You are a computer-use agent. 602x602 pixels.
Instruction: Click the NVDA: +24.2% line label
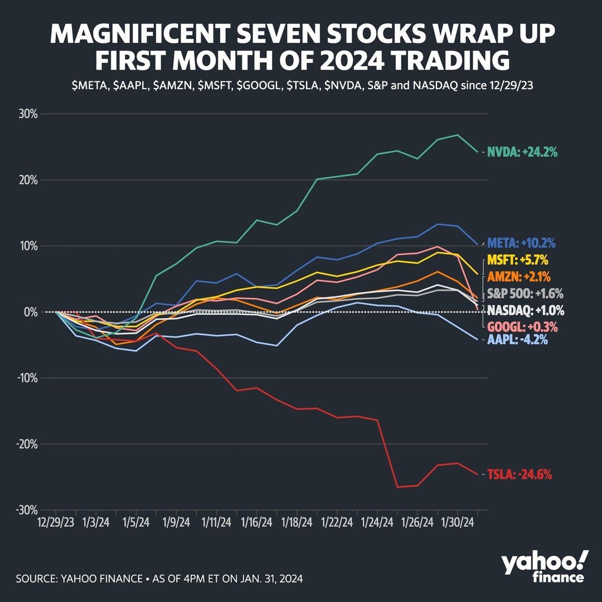tap(522, 152)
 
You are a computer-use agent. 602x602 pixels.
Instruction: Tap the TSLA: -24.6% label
tap(520, 475)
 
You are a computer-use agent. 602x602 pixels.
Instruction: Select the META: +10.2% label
tap(521, 244)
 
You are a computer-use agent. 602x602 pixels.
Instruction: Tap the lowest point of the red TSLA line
tap(399, 487)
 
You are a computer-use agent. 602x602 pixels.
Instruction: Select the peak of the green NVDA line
tap(458, 135)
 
